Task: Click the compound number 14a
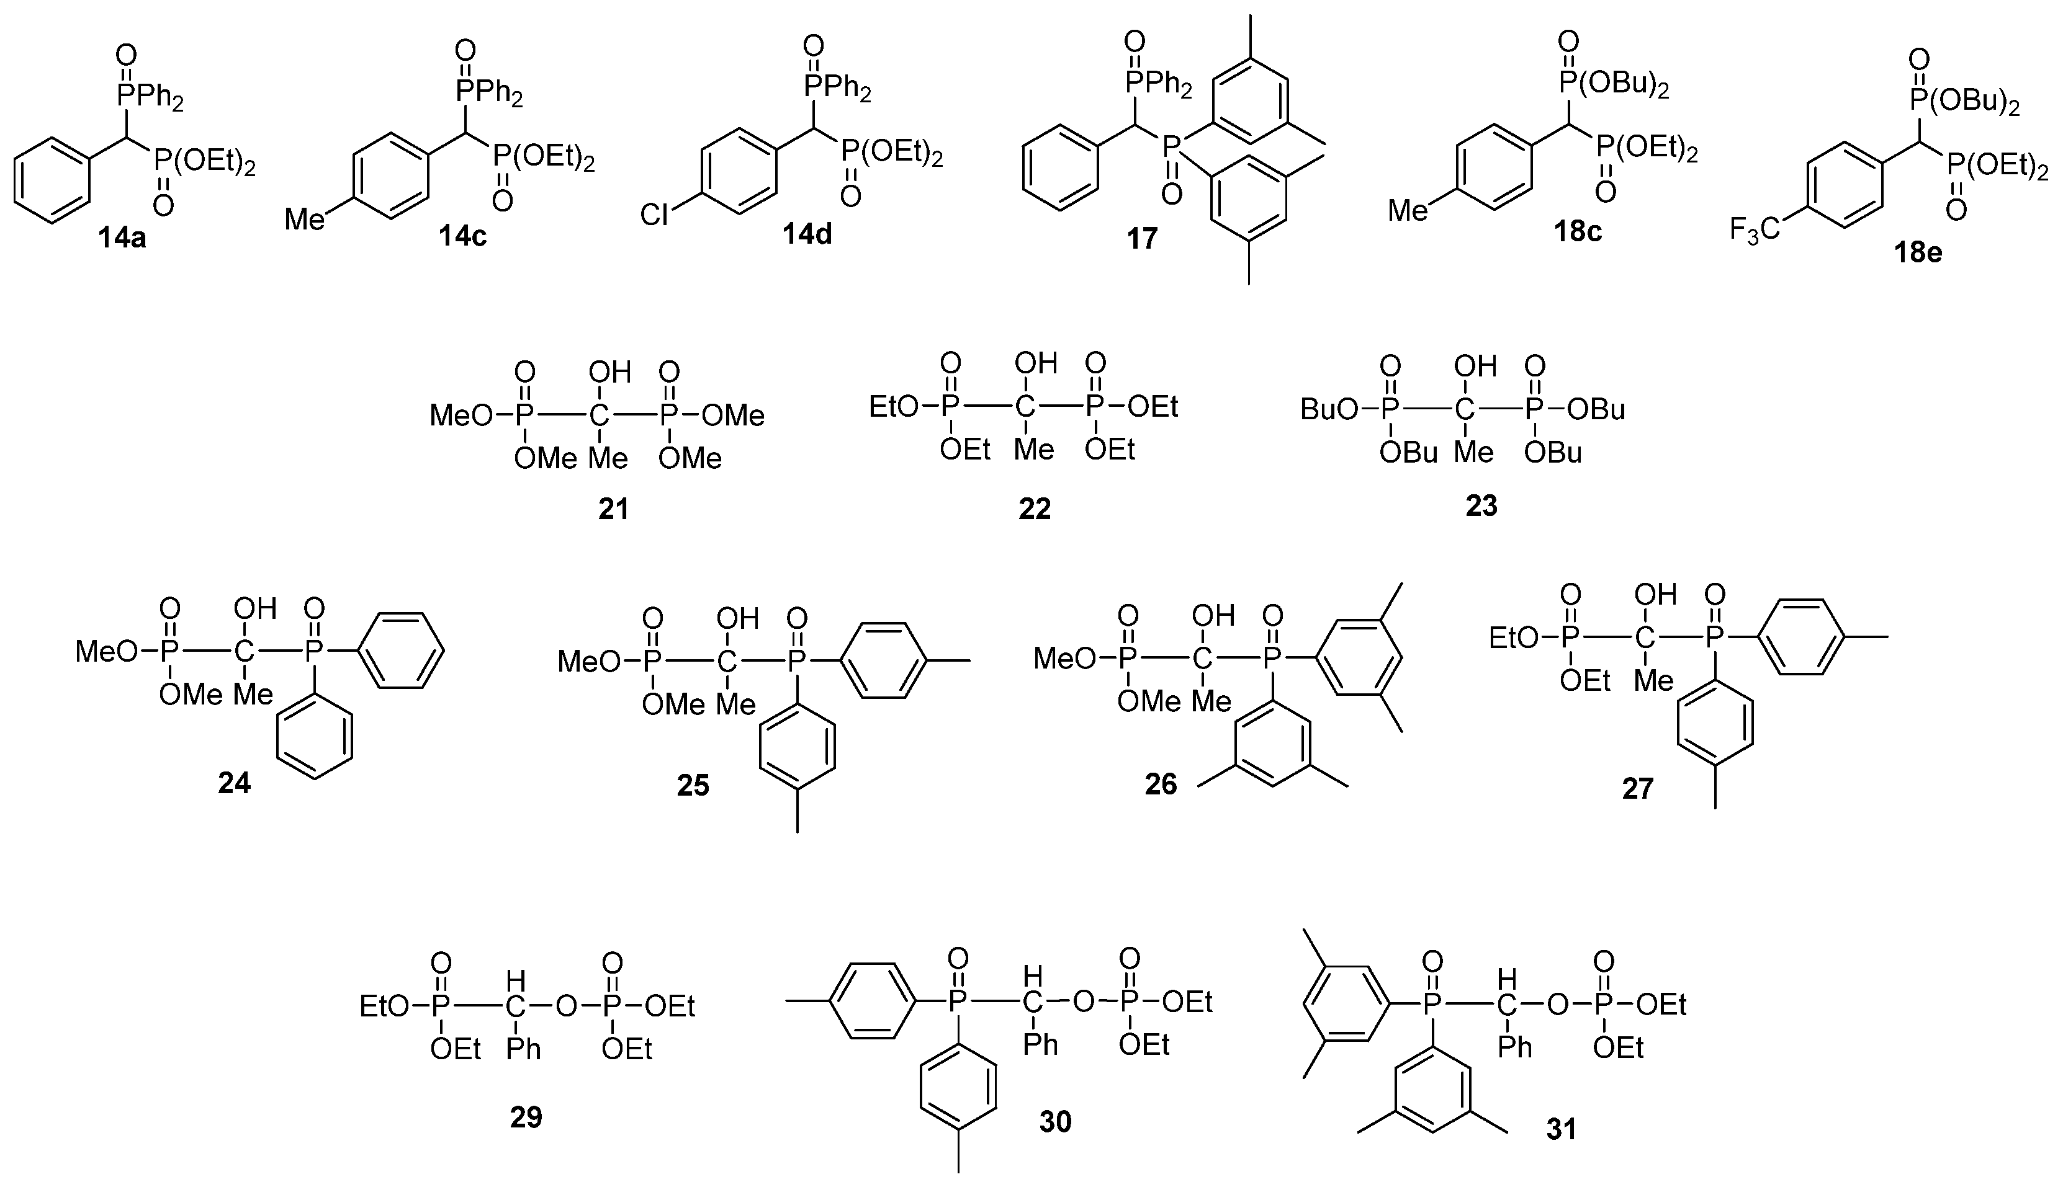122,239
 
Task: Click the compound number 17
1141,239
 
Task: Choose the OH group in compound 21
609,373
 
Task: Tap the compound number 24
234,783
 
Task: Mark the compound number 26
1161,784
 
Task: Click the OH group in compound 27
1656,595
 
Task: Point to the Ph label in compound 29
523,1049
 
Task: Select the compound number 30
1055,1122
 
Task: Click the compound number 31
1561,1129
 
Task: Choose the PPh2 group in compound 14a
151,97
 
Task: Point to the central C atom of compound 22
1026,407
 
